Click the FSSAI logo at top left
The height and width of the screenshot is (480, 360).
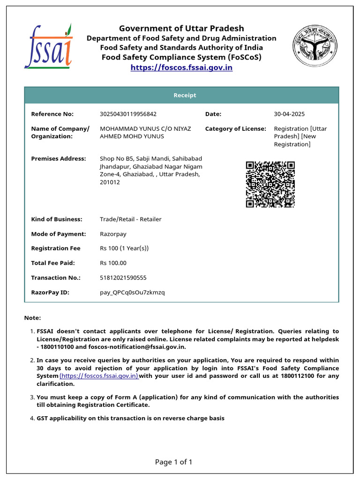tap(48, 46)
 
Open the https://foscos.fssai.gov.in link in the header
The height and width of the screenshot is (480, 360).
tap(181, 67)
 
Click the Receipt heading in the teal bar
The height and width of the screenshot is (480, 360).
tap(185, 95)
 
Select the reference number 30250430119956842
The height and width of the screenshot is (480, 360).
tap(128, 114)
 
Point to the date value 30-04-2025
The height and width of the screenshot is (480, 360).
tap(289, 114)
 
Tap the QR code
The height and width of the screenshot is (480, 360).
tap(270, 184)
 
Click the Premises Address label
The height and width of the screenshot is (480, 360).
tap(59, 159)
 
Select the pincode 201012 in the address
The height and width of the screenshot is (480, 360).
tap(110, 182)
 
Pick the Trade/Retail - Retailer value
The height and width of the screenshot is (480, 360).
tap(130, 219)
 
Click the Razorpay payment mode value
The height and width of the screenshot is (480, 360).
tap(113, 234)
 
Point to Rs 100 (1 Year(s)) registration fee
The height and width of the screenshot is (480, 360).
tap(124, 248)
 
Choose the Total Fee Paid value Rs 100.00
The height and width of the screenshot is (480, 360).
tap(113, 263)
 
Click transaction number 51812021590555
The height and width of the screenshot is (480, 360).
tap(123, 278)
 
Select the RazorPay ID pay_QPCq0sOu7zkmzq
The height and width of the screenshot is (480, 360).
tap(132, 292)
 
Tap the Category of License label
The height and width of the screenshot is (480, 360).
tap(235, 128)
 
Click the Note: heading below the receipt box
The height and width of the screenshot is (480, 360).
tap(32, 318)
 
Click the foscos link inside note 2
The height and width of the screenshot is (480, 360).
tap(99, 376)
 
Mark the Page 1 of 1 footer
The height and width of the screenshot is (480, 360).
tap(173, 462)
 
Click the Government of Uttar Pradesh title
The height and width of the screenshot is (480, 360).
tap(181, 28)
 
